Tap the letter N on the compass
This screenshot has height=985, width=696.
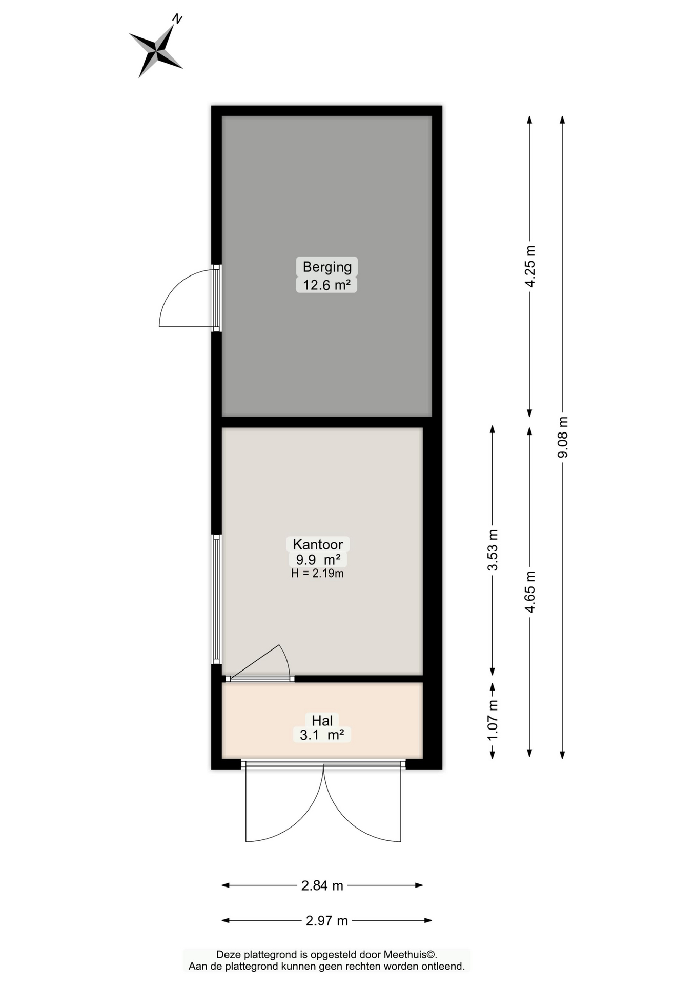point(177,19)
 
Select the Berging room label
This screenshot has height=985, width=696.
point(327,267)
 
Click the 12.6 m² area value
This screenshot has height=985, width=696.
point(326,285)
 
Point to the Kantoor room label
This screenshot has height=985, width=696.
point(318,544)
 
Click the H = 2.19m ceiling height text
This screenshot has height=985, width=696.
point(317,574)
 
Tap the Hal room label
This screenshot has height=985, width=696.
point(322,720)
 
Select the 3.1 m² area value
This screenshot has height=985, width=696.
point(322,735)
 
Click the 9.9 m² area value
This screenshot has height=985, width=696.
point(318,559)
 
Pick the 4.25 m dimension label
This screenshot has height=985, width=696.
point(530,266)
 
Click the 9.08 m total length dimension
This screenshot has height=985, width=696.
point(563,437)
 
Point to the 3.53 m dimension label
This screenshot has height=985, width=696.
point(493,550)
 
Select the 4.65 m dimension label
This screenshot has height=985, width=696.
point(530,592)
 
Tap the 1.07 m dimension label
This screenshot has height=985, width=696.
point(493,720)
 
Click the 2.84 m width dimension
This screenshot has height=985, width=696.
point(322,885)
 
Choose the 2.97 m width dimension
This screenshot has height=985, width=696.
point(327,921)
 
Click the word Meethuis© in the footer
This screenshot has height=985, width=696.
point(411,954)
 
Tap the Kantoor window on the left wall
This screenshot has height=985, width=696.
point(217,599)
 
